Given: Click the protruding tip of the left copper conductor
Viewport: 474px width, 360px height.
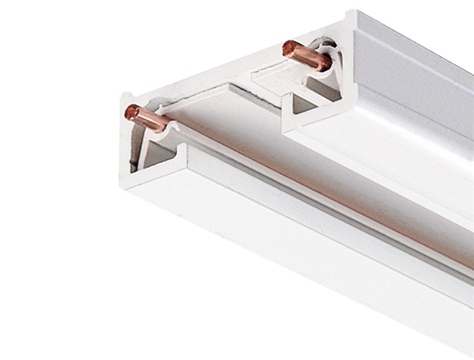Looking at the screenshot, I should click(133, 112).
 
